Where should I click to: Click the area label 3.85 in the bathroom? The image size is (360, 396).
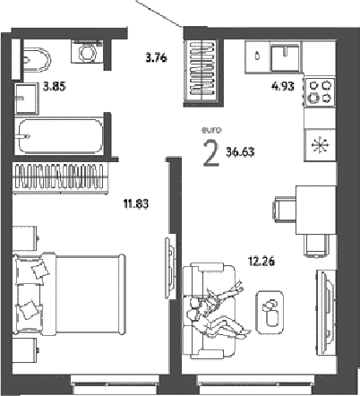[55, 87]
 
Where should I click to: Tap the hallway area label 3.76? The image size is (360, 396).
[156, 57]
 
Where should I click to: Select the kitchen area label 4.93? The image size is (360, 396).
[283, 87]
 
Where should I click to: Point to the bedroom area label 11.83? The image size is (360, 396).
[136, 204]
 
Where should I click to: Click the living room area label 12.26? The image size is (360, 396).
[261, 262]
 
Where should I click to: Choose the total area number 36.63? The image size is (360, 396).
[240, 152]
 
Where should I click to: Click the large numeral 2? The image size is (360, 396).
[211, 153]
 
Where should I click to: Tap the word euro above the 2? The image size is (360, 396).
[211, 130]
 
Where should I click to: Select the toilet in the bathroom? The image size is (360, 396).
[36, 60]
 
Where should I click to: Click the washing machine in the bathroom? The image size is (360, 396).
[87, 52]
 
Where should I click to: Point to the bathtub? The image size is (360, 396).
[61, 136]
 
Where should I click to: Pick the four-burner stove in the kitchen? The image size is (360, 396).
[320, 91]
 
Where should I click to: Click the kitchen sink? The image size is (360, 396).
[286, 56]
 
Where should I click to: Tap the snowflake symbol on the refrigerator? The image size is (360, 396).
[320, 145]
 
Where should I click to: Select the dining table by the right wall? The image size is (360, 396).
[316, 210]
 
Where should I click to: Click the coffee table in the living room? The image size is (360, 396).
[270, 313]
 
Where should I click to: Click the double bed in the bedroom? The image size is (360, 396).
[69, 294]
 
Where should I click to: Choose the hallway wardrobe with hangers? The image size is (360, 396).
[202, 70]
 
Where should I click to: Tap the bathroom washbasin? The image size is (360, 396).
[27, 99]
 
